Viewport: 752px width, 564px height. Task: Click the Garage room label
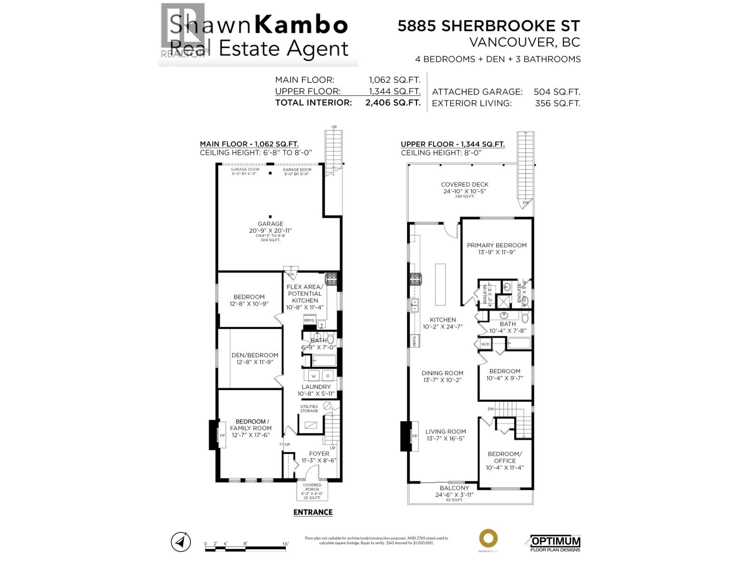(270, 224)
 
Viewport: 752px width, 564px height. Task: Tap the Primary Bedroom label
(496, 245)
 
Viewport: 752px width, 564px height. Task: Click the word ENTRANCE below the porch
(313, 512)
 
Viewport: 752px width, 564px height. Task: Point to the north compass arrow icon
(180, 541)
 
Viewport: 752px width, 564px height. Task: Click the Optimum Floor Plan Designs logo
(555, 543)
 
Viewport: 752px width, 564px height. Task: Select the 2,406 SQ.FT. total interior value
(392, 103)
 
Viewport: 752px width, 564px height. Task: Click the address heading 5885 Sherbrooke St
(489, 26)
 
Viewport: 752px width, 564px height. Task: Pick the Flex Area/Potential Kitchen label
(305, 294)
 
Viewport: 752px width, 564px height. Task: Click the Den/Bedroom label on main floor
(255, 355)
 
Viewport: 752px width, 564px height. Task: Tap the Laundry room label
(316, 387)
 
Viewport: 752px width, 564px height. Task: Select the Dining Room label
(442, 373)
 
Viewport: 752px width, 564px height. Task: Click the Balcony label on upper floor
(454, 488)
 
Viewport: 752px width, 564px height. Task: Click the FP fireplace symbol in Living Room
(415, 436)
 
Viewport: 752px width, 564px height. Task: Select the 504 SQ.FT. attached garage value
(556, 92)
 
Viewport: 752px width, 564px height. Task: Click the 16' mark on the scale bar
(285, 544)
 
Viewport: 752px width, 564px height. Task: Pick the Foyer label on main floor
(319, 454)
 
